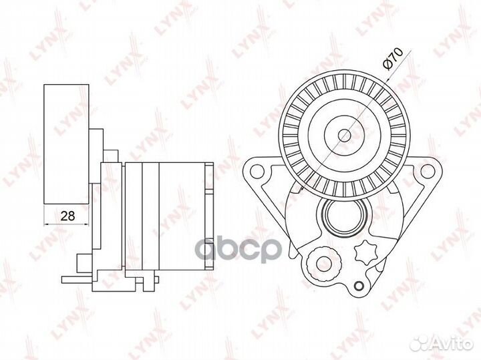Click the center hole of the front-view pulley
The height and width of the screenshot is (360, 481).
345,135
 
